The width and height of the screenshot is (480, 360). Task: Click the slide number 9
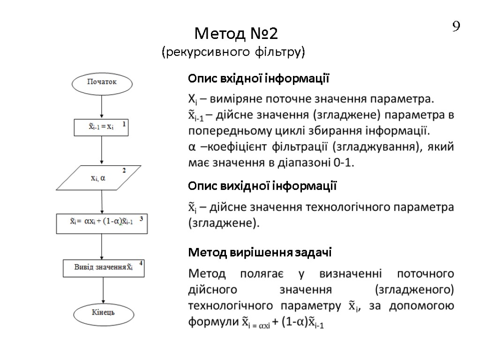[x=456, y=27]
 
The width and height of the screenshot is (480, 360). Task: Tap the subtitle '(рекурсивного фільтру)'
[x=233, y=51]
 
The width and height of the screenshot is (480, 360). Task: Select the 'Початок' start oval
[x=102, y=83]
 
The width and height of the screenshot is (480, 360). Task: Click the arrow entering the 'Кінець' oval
[x=102, y=291]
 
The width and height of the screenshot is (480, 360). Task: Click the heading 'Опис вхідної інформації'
[x=259, y=79]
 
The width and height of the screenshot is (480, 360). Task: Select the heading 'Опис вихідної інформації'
[x=262, y=187]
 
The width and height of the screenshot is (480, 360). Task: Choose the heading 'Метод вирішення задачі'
[x=260, y=253]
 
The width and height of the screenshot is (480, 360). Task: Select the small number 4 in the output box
[x=141, y=263]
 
